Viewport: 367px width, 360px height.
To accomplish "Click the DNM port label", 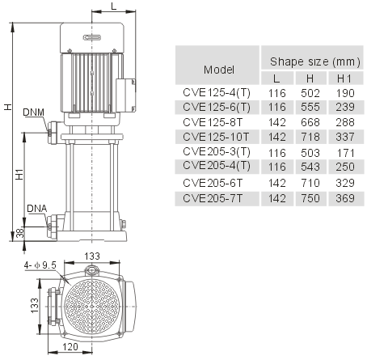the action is (x=33, y=112).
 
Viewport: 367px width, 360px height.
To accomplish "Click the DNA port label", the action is (x=37, y=209).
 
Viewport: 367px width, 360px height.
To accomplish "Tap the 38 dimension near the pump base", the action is (x=19, y=232).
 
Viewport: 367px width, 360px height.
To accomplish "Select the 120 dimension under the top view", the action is (x=70, y=346).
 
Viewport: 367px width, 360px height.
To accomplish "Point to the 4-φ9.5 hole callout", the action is (x=40, y=265).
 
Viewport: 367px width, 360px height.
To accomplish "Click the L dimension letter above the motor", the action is (x=113, y=6).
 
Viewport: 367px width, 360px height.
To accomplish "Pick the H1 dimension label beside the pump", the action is (x=19, y=174).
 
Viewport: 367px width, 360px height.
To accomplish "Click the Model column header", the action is (x=219, y=70).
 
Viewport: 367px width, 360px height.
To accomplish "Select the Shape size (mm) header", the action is (x=315, y=61).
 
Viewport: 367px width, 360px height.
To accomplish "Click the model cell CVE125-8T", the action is (x=213, y=122).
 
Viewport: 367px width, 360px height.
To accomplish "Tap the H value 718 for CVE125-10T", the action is (x=310, y=137).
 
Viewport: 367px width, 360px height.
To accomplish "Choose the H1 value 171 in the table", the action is (x=346, y=153).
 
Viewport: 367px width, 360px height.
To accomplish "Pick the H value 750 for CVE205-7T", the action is (x=310, y=198).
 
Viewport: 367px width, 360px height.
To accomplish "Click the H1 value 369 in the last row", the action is (x=345, y=198).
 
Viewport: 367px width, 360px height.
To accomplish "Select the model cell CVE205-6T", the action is (x=213, y=183).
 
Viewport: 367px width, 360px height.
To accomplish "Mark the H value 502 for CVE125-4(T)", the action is (x=310, y=93).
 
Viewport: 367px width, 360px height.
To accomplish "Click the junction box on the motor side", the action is (x=126, y=95).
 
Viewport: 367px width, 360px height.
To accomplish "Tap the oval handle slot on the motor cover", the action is (x=92, y=37).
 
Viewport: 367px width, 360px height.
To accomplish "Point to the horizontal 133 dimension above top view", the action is (x=92, y=256).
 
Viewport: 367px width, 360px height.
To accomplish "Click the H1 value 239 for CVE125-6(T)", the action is (x=345, y=107).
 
